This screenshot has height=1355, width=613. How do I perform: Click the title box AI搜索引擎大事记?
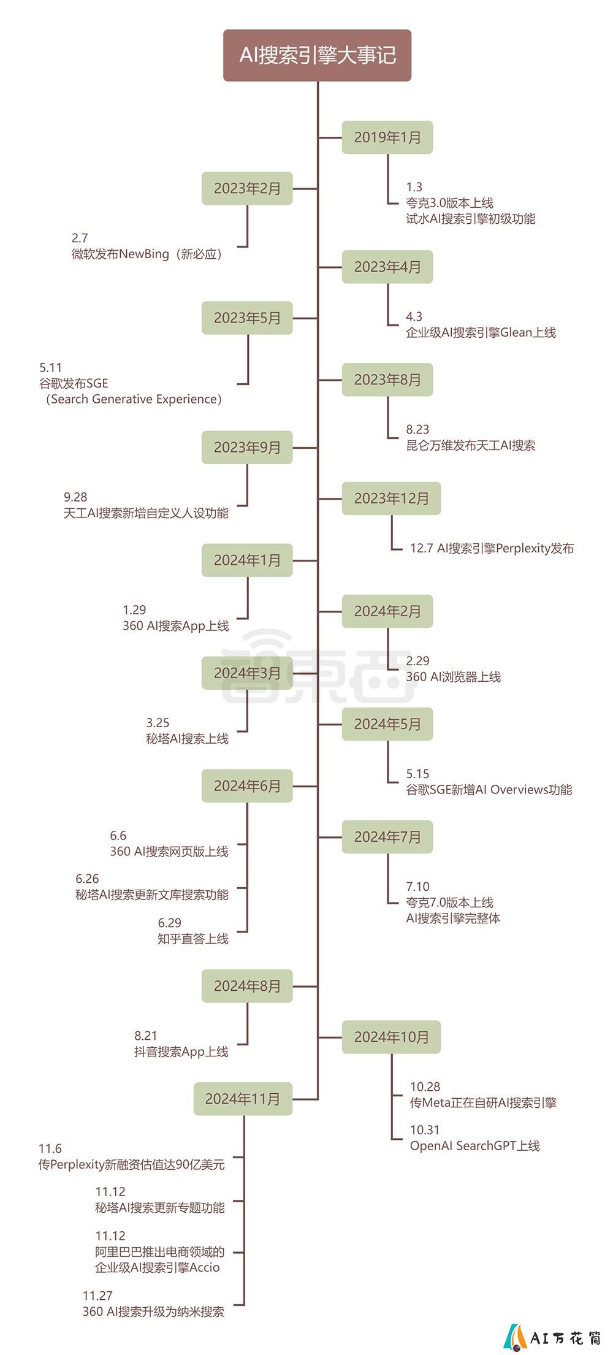pyautogui.click(x=317, y=55)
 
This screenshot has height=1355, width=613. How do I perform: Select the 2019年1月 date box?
pyautogui.click(x=387, y=137)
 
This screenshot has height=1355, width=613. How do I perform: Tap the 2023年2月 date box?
pyautogui.click(x=247, y=188)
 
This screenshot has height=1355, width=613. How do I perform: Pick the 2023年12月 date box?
pyautogui.click(x=391, y=498)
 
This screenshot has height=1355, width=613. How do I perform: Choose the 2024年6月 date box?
pyautogui.click(x=247, y=786)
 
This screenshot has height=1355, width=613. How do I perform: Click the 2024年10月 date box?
pyautogui.click(x=391, y=1037)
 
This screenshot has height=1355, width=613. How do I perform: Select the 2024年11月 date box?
pyautogui.click(x=243, y=1099)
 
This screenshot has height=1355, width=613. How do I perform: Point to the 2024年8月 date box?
pyautogui.click(x=247, y=986)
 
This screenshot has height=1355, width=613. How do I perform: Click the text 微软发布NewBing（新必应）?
pyautogui.click(x=147, y=254)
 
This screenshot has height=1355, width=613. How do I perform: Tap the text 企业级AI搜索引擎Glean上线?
pyautogui.click(x=481, y=332)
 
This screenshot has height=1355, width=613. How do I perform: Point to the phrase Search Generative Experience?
pyautogui.click(x=134, y=399)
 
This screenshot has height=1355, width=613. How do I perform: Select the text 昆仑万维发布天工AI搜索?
pyautogui.click(x=471, y=445)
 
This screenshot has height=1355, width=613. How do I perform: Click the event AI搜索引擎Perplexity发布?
pyautogui.click(x=506, y=548)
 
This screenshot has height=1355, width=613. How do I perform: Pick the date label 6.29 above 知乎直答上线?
pyautogui.click(x=170, y=923)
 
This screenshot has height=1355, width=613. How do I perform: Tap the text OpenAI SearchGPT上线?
pyautogui.click(x=475, y=1146)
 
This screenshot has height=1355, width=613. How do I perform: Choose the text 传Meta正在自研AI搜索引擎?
pyautogui.click(x=483, y=1102)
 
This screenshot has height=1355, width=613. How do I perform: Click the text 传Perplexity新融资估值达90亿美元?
pyautogui.click(x=132, y=1164)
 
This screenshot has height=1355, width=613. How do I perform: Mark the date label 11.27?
pyautogui.click(x=97, y=1296)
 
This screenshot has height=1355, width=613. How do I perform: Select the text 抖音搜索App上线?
pyautogui.click(x=181, y=1052)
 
